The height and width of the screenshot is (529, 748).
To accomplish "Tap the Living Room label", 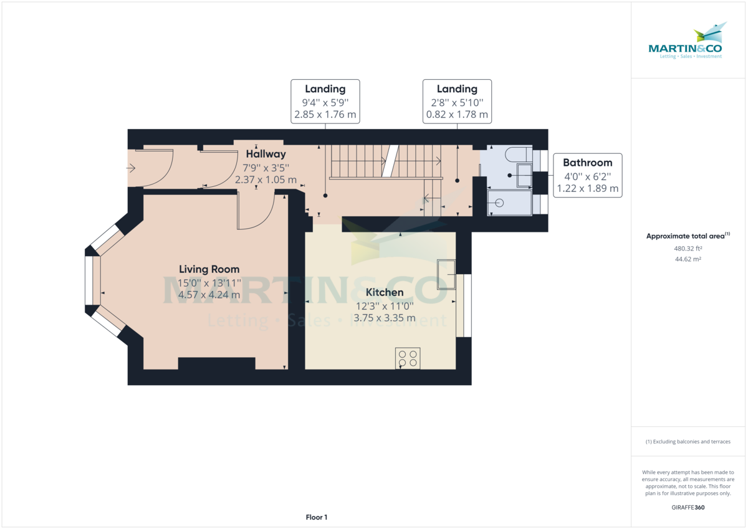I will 209,269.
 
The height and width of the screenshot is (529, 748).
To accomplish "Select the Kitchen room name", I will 385,292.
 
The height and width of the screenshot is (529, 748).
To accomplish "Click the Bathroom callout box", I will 588,175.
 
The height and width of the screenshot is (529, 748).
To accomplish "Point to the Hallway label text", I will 266,154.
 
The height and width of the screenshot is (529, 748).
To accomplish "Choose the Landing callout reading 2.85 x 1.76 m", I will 325,102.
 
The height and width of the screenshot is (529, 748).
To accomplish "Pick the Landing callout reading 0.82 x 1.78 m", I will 457,102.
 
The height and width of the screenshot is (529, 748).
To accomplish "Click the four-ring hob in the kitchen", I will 408,358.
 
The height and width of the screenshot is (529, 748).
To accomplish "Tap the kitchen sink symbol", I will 446,274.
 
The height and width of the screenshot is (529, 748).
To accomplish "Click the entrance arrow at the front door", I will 132,168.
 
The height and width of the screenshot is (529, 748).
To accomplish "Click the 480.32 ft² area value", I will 688,248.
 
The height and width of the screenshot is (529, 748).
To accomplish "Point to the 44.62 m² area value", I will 688,259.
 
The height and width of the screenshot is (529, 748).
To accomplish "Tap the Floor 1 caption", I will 317,517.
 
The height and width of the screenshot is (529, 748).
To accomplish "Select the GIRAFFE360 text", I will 688,507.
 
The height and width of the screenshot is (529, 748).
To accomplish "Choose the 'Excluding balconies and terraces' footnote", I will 688,442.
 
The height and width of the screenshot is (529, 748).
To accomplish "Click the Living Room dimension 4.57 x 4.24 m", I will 209,295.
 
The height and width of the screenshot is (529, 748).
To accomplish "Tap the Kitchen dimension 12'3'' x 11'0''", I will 385,305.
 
